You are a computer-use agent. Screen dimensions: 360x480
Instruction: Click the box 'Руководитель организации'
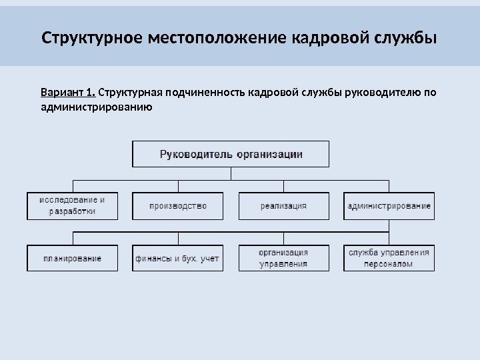(x=231, y=154)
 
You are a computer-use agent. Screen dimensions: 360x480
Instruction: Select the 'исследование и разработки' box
(x=72, y=205)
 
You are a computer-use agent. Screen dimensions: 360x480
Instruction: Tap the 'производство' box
(x=178, y=206)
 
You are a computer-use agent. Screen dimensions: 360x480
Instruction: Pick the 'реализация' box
(x=283, y=206)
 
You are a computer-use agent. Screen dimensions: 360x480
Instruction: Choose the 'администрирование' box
(x=389, y=206)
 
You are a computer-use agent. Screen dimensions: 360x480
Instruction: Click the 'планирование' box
(x=72, y=258)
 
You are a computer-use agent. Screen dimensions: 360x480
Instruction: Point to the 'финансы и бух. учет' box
(x=178, y=258)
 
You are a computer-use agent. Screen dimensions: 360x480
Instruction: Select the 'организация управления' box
(x=283, y=258)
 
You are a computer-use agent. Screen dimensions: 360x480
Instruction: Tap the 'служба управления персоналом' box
(x=389, y=258)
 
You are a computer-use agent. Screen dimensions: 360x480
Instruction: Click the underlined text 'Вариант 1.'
(x=68, y=92)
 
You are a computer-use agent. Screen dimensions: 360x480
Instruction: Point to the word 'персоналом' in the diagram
(x=389, y=264)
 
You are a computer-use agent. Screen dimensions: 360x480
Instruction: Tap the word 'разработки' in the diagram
(x=72, y=211)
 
